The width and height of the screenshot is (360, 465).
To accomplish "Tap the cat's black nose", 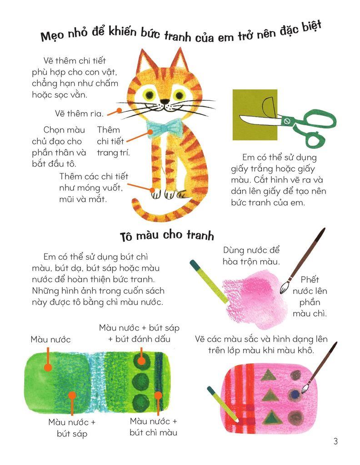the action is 165,101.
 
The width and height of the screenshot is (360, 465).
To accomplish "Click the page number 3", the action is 335,441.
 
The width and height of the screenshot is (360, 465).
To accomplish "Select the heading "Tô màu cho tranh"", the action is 167,236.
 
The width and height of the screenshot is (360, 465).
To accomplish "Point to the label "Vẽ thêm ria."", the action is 79,114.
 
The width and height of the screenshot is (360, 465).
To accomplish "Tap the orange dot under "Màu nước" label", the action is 48,368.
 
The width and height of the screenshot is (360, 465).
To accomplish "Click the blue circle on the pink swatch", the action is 295,394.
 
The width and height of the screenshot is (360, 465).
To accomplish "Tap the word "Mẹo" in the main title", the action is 52,35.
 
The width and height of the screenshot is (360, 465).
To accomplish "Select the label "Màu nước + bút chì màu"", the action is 154,427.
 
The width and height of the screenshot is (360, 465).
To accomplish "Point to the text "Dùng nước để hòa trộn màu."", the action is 251,256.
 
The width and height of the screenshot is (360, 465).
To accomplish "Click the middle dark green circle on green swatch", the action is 140,382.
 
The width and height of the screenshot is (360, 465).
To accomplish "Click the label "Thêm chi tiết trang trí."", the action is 113,141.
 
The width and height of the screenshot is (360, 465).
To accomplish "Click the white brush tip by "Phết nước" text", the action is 285,287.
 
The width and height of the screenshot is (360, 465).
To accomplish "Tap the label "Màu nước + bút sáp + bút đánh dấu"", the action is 139,333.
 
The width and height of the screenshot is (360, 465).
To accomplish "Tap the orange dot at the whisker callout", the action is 119,110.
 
